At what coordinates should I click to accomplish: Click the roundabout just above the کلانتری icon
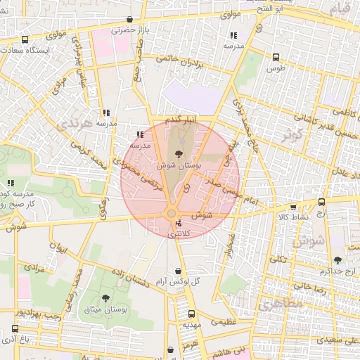click(171, 213)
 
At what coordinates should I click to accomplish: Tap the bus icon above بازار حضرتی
click(128, 20)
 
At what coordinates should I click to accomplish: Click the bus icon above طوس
click(276, 57)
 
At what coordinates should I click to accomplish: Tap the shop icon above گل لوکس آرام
click(178, 270)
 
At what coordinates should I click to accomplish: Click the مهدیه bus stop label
click(192, 326)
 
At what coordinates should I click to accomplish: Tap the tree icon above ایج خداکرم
click(337, 259)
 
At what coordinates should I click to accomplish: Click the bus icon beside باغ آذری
click(15, 328)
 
